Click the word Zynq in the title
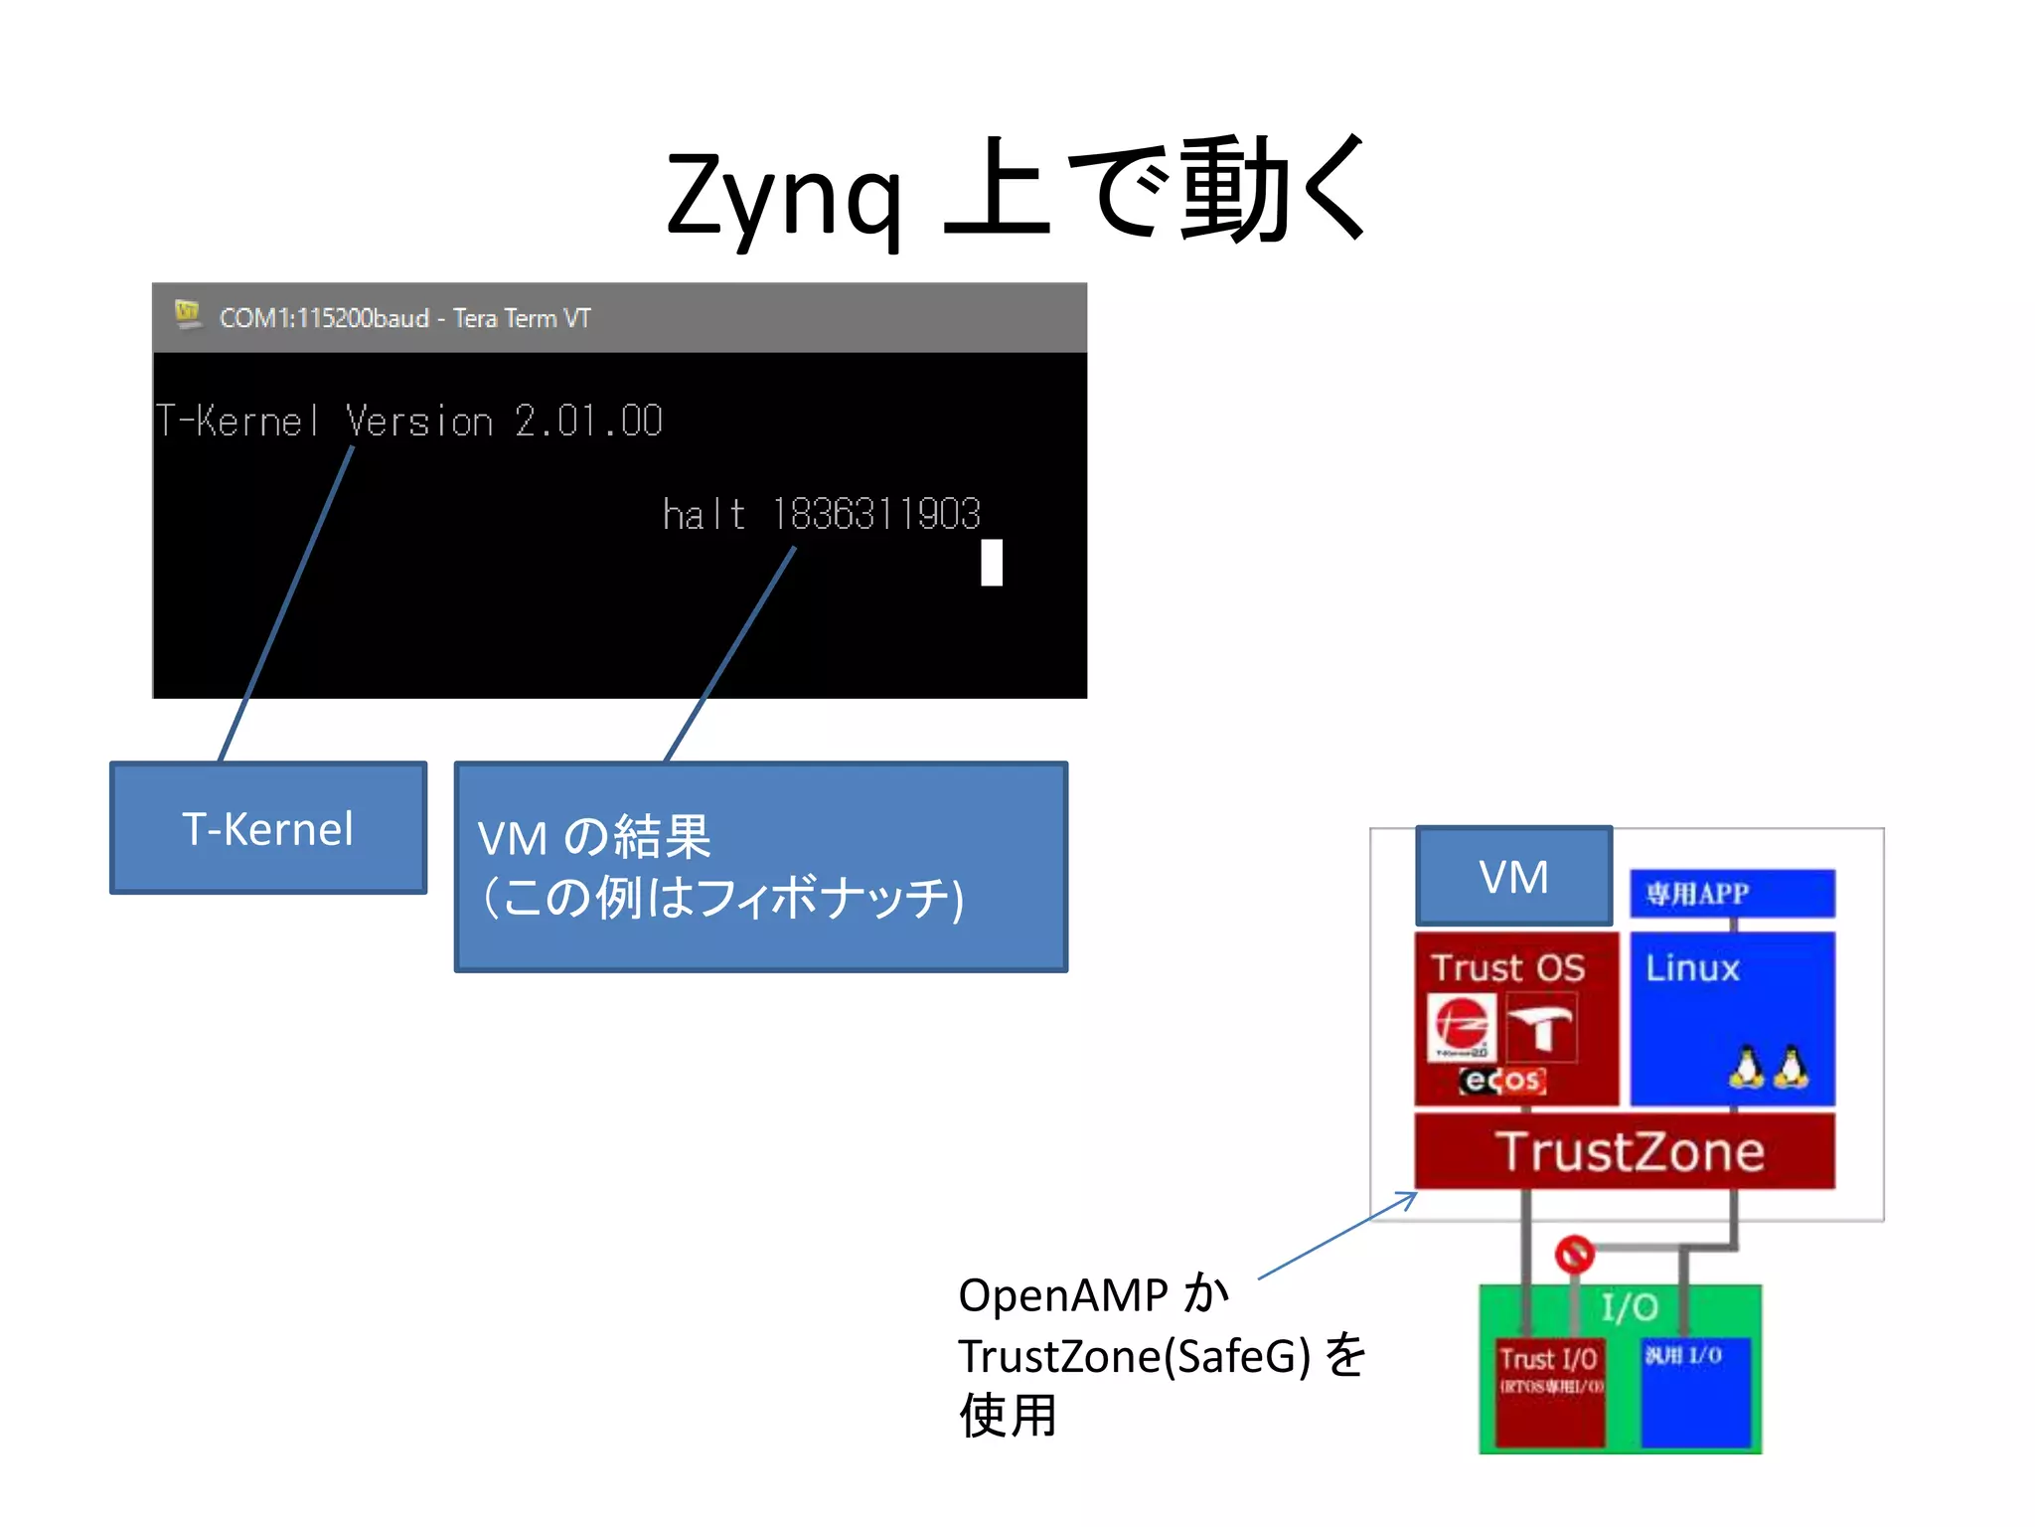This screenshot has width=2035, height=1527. [x=784, y=196]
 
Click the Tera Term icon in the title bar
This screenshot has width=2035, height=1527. [x=187, y=315]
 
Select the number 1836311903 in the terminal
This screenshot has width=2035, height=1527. [x=875, y=514]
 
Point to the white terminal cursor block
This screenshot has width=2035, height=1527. [x=991, y=563]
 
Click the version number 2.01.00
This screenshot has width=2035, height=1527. [x=588, y=422]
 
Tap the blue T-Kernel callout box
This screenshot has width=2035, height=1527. [x=268, y=828]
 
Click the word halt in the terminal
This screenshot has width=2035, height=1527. [x=704, y=515]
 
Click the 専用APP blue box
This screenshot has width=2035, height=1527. [x=1732, y=894]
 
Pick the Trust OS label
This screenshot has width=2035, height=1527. [x=1507, y=967]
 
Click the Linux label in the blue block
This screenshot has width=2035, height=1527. [x=1692, y=968]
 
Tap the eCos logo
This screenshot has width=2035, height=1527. [x=1501, y=1080]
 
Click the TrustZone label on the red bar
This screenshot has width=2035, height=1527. [x=1630, y=1151]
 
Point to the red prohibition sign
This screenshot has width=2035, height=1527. [x=1574, y=1254]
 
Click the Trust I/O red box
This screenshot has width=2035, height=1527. [x=1549, y=1392]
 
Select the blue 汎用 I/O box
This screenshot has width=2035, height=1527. [x=1695, y=1392]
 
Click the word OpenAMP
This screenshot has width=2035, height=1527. [x=1063, y=1295]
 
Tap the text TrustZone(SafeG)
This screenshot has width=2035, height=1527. [x=1134, y=1356]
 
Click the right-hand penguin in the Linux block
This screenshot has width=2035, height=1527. [x=1791, y=1067]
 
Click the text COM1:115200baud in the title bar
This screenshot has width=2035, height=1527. [x=324, y=318]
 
